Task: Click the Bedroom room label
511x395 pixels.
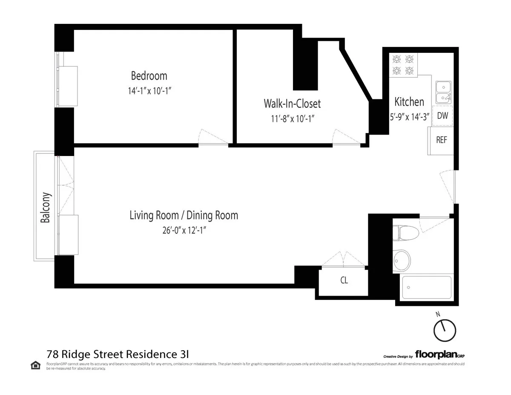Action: tap(149, 76)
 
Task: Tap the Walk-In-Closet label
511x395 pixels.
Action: tap(292, 104)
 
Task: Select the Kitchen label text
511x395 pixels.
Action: tap(409, 102)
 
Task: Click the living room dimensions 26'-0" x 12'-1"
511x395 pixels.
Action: tap(184, 230)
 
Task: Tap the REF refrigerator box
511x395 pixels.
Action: tap(442, 140)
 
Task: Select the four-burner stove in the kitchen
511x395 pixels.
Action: tap(403, 65)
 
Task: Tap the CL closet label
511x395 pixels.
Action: tap(344, 281)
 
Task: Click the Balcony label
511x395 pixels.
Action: tap(46, 208)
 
